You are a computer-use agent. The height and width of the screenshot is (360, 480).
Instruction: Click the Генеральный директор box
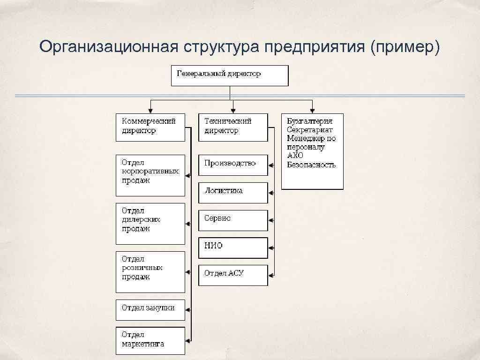tap(229, 75)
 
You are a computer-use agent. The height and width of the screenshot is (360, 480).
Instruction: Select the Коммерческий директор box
tap(150, 127)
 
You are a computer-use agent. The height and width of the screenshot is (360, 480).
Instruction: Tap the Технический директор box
tap(233, 127)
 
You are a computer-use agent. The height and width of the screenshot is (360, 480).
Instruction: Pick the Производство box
tap(233, 165)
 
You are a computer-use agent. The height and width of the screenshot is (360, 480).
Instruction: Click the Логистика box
tap(233, 192)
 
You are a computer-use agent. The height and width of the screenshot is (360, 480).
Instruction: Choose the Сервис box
tap(233, 220)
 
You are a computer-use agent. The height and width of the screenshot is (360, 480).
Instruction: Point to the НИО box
tap(233, 247)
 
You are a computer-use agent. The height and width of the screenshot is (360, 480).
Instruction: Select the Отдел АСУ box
tap(233, 275)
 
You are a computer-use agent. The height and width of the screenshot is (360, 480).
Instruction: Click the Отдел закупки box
tap(150, 309)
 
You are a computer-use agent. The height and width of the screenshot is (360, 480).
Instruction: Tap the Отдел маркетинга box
tap(150, 340)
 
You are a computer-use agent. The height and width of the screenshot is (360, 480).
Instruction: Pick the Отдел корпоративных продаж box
tap(150, 175)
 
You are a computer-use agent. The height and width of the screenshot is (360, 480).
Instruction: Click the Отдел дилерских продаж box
tap(150, 223)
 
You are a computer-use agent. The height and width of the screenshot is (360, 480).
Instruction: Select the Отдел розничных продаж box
tap(150, 272)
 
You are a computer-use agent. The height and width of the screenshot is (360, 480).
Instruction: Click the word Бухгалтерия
tap(310, 121)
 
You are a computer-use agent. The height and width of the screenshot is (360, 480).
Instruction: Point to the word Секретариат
tap(310, 130)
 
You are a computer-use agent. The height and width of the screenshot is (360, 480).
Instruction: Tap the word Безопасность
tap(311, 165)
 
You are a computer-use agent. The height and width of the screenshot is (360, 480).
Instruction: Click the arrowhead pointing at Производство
tap(271, 165)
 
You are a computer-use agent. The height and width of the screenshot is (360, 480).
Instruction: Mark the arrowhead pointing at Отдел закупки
tap(187, 309)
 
